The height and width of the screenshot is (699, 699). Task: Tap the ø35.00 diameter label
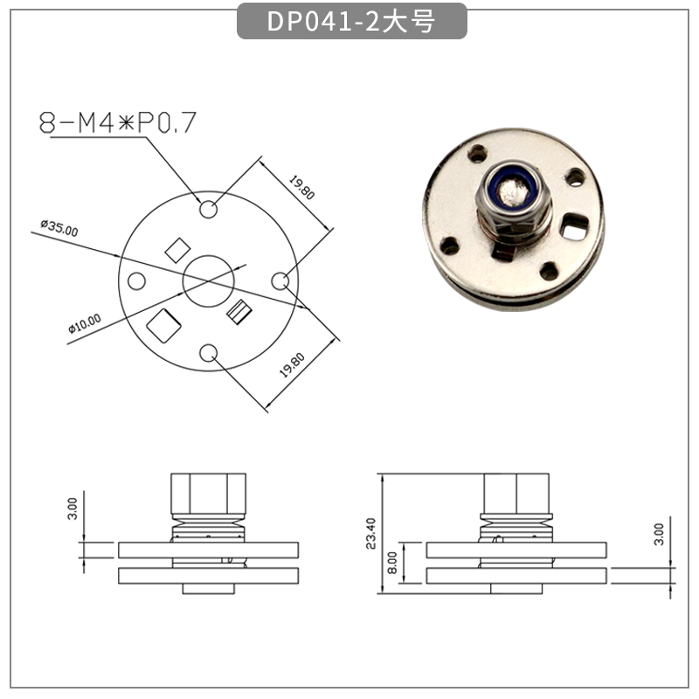[x=59, y=229]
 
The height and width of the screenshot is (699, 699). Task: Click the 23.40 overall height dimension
[x=370, y=534]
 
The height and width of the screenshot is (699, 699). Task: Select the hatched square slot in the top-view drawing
[x=239, y=309]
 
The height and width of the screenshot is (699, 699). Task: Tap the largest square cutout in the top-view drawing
[x=163, y=326]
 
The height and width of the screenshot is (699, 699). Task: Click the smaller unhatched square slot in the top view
[x=176, y=250]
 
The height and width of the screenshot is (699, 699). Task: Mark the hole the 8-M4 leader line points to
[x=209, y=210]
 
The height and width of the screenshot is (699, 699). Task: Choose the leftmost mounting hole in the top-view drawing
[x=137, y=281]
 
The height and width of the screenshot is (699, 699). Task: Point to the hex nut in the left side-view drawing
[x=209, y=495]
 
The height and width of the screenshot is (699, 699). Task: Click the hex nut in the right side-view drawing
[x=517, y=495]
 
